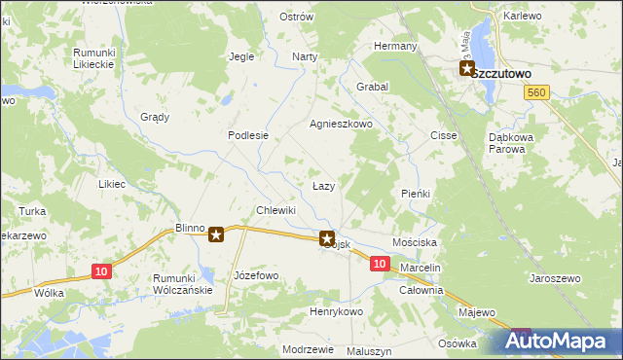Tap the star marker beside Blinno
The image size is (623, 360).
pos(216,234)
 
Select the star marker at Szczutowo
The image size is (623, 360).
pos(466,70)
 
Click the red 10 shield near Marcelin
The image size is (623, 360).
pos(380,264)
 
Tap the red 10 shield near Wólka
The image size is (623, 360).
pos(101,271)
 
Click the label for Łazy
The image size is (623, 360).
pos(324,185)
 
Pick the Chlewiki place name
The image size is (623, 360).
pos(275,210)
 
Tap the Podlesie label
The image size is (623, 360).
pos(248,136)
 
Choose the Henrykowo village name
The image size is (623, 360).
pos(336,311)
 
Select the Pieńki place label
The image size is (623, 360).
pos(416,194)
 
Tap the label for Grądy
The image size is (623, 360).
pos(155,117)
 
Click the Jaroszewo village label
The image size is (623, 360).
pos(555,278)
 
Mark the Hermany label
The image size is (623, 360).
pos(396,47)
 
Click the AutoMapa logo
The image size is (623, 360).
pos(559,341)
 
